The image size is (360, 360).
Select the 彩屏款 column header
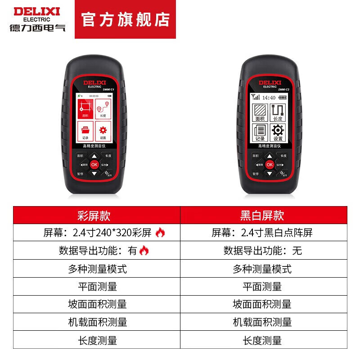pyautogui.click(x=96, y=215)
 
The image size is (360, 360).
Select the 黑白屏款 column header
pyautogui.click(x=263, y=215)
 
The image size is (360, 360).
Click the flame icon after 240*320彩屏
pyautogui.click(x=160, y=233)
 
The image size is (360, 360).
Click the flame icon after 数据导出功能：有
pyautogui.click(x=144, y=251)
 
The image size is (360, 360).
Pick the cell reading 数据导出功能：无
pyautogui.click(x=263, y=251)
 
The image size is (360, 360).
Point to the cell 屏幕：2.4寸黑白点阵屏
pyautogui.click(x=263, y=233)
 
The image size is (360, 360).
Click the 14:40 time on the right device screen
pyautogui.click(x=269, y=97)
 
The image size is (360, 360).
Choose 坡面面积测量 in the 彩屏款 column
pyautogui.click(x=96, y=304)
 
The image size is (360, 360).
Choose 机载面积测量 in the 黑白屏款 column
pyautogui.click(x=263, y=322)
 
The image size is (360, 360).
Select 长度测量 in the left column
pyautogui.click(x=96, y=340)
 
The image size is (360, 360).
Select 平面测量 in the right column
pyautogui.click(x=263, y=286)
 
